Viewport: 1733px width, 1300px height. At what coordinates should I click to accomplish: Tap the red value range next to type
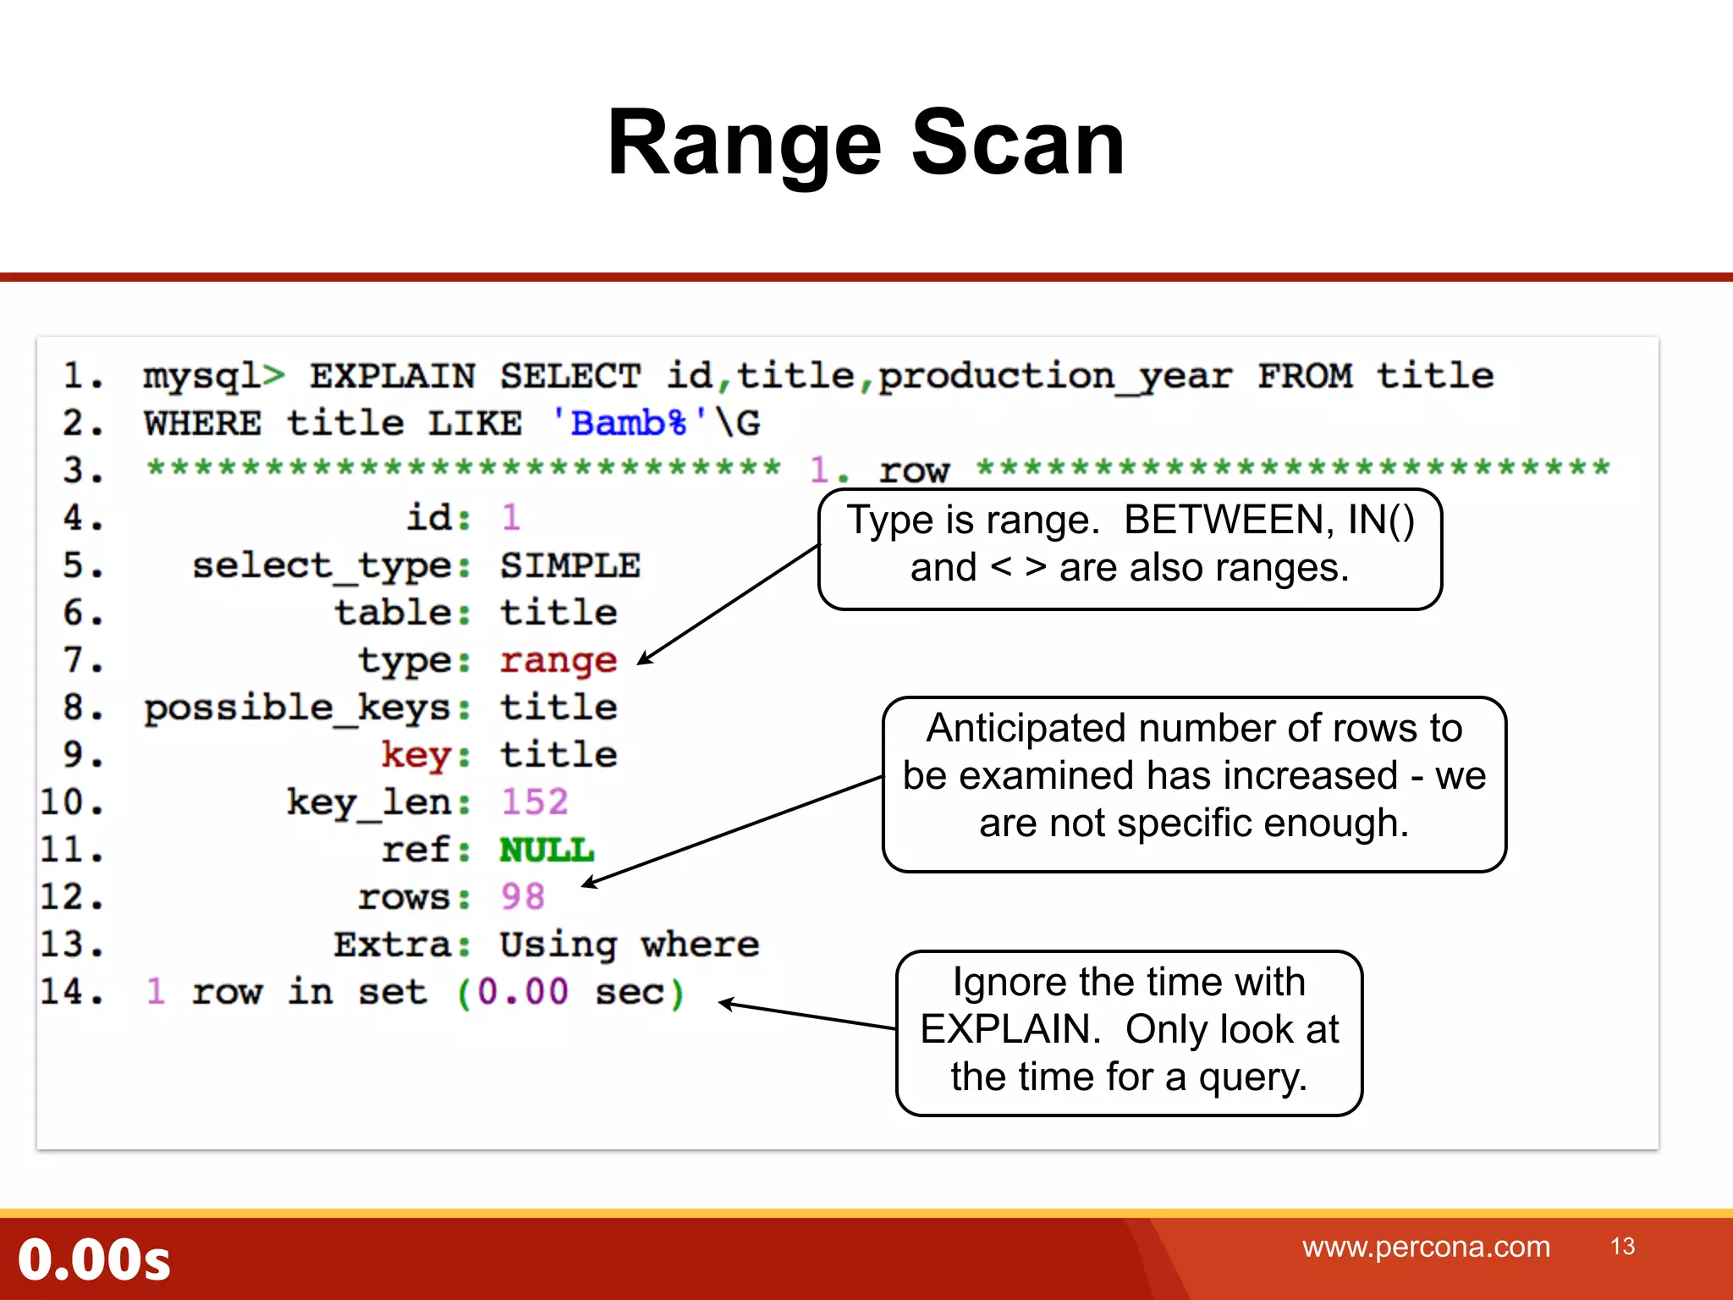tap(558, 660)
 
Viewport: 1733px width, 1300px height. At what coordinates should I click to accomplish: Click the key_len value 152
tap(534, 801)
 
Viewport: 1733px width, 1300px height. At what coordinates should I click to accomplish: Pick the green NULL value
tap(547, 850)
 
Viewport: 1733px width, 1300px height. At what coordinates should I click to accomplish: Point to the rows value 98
tap(522, 896)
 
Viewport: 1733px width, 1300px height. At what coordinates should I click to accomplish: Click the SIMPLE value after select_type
tap(569, 565)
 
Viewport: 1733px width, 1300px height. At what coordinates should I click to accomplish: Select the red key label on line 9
tap(415, 754)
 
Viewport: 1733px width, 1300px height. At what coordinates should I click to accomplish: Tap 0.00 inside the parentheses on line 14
tap(522, 992)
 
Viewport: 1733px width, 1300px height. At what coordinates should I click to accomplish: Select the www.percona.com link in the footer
tap(1426, 1247)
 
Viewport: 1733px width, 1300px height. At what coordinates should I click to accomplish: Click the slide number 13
tap(1622, 1247)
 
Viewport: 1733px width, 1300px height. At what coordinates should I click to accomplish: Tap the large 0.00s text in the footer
tap(94, 1259)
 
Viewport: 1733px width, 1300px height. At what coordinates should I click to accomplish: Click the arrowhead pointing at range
tap(643, 659)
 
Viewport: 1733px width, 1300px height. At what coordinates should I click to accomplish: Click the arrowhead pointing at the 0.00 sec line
tap(725, 1005)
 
